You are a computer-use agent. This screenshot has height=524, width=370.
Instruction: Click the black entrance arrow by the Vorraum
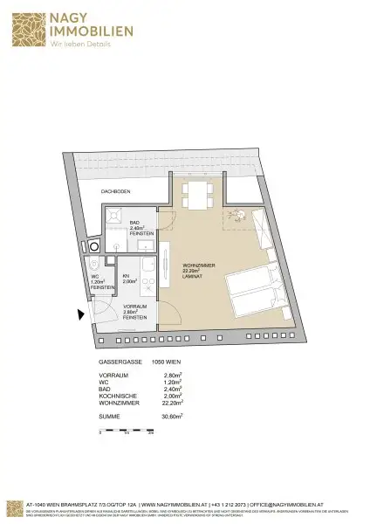(80, 314)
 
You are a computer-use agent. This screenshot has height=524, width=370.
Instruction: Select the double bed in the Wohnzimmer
(253, 293)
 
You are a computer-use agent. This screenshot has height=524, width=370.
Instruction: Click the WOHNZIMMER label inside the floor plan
(195, 265)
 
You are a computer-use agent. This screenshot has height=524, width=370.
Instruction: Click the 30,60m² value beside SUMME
(183, 418)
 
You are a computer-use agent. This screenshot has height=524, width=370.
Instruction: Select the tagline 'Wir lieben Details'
(79, 44)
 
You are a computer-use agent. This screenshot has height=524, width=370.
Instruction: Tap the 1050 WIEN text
(166, 362)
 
